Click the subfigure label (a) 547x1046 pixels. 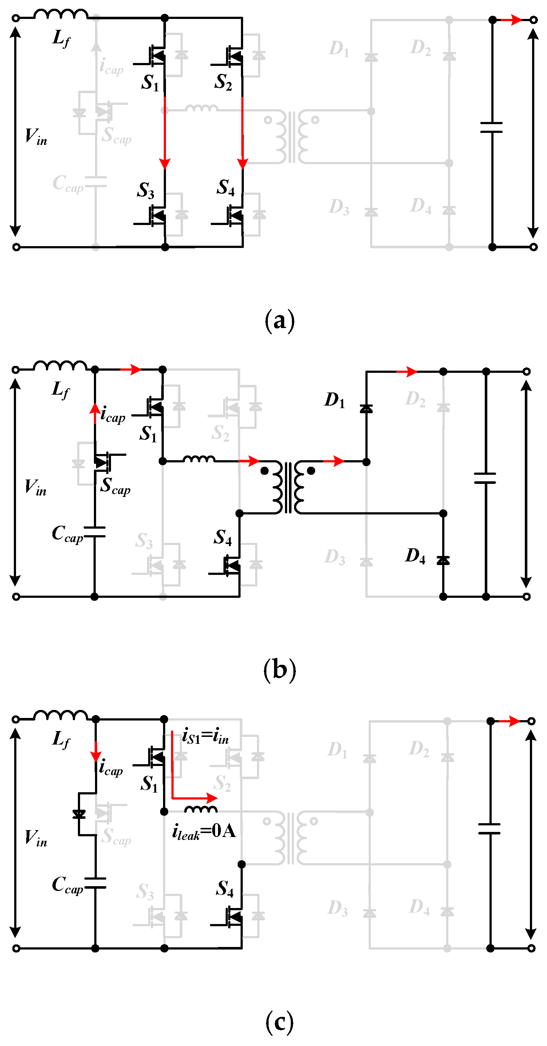279,321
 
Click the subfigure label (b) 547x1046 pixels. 279,670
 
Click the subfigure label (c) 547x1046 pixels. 279,1022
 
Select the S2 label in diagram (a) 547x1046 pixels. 223,82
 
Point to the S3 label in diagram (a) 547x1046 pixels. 145,190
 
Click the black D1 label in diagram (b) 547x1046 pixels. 334,400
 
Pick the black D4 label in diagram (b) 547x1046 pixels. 415,556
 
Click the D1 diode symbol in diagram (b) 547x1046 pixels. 366,408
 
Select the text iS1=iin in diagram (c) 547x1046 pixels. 205,736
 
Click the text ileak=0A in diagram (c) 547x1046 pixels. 204,831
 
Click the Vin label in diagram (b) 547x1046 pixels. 36,487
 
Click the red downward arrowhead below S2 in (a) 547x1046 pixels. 242,163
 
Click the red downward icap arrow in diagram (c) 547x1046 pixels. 96,754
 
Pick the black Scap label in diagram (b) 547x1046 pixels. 116,486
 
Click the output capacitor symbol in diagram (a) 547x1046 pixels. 491,127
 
